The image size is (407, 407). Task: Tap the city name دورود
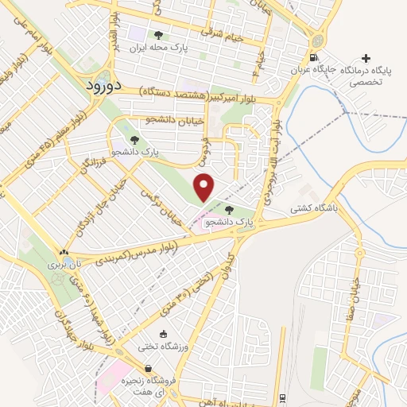[103, 83]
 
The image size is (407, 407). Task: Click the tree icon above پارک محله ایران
[157, 35]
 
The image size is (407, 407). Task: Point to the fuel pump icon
[315, 57]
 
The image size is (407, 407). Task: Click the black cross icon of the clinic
[366, 58]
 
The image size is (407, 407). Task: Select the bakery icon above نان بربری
[64, 251]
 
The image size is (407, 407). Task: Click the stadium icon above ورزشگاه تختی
[163, 334]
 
